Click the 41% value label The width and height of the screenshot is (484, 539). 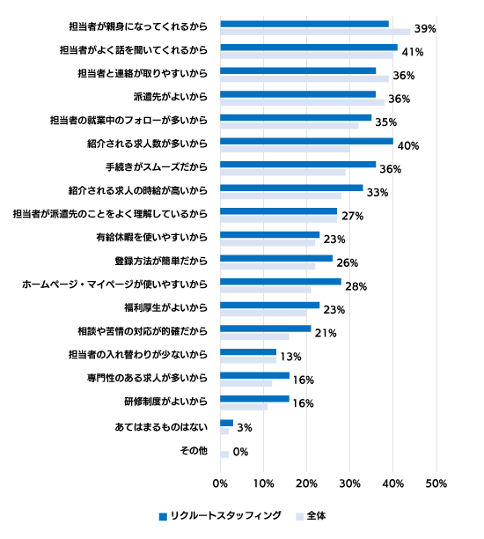[413, 52]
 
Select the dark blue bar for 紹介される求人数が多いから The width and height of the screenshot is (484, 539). [306, 141]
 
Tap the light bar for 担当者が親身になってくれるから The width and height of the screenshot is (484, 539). [315, 32]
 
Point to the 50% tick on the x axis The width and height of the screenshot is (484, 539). [436, 484]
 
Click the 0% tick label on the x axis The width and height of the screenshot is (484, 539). [220, 484]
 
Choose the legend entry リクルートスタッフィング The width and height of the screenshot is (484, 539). [220, 515]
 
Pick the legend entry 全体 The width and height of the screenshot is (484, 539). [311, 515]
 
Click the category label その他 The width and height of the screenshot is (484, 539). [194, 450]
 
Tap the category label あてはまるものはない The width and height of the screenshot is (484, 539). [161, 427]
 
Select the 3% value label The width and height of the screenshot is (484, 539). [245, 428]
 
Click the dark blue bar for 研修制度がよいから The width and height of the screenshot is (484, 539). [254, 399]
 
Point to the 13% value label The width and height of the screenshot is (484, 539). [290, 357]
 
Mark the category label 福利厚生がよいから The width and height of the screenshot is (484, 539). [166, 307]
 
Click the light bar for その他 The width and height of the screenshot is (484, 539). [224, 454]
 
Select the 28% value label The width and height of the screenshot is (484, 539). [356, 286]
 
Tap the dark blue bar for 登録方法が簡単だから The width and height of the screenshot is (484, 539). [276, 258]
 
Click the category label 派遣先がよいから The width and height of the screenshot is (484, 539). [171, 97]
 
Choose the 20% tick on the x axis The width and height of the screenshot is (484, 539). [306, 484]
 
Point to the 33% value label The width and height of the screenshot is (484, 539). [378, 193]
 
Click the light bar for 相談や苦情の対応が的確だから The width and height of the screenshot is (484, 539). [254, 336]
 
